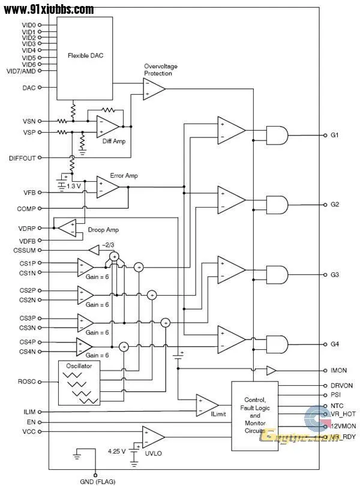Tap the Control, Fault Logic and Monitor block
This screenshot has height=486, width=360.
254,415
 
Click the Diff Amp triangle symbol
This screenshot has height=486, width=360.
108,127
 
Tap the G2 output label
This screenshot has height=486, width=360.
335,205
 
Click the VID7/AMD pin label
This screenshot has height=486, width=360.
22,71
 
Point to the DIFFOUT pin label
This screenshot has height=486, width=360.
22,158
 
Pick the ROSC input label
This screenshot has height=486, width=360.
27,381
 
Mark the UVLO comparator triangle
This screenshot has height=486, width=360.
153,437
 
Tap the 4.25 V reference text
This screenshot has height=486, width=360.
118,450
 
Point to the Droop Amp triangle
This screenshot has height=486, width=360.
65,227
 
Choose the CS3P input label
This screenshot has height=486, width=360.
27,318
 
